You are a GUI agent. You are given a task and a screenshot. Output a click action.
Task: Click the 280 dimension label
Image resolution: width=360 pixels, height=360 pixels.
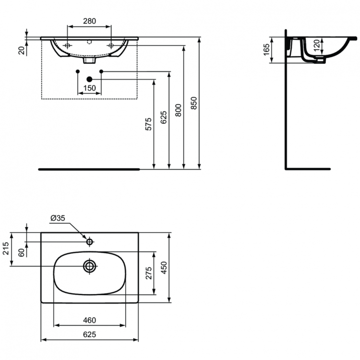89,21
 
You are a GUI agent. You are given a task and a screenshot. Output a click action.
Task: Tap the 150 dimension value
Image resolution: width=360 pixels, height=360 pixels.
89,88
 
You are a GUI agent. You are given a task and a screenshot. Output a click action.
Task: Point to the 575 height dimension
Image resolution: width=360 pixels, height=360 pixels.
149,124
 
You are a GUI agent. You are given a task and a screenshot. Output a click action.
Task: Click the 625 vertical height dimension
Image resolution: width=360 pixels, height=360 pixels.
164,117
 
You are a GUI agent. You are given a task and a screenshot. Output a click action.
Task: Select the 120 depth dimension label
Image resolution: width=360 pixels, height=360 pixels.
316,47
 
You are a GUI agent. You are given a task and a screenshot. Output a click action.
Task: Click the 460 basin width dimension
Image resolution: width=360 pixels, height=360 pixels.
89,320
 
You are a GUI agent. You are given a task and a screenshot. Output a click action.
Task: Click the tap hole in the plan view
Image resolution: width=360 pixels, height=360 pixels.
89,242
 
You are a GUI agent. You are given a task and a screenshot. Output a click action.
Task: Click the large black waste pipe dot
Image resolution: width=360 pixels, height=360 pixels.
89,79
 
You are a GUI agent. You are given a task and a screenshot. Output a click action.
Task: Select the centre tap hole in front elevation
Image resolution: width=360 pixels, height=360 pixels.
89,42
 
